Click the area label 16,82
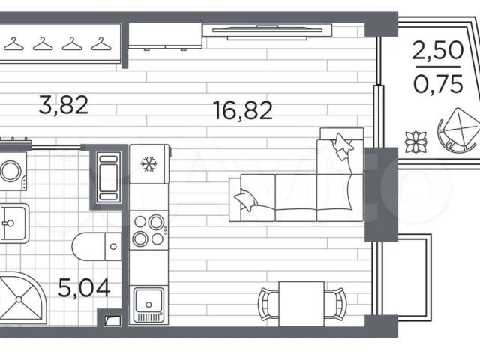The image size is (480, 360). click(x=243, y=110)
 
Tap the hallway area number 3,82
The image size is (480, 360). click(x=64, y=105)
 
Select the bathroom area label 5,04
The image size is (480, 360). click(x=84, y=288)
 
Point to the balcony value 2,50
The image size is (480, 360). click(x=438, y=50)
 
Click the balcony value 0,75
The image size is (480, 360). click(x=438, y=83)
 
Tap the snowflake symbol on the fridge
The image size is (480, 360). click(x=148, y=164)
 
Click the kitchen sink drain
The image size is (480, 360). click(x=148, y=304)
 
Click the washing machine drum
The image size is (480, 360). click(x=10, y=171)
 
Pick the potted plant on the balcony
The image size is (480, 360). click(x=416, y=142)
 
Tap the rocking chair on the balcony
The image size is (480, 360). click(x=459, y=130)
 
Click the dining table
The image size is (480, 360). click(x=301, y=304)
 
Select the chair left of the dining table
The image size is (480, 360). click(x=268, y=304)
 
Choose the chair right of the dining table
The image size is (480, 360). click(x=334, y=304)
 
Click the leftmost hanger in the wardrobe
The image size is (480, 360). click(x=13, y=43)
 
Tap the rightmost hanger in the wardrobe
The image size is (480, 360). click(x=101, y=43)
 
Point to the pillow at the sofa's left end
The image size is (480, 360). click(x=246, y=200)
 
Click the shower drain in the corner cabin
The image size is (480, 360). click(x=19, y=299)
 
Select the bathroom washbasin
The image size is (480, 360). click(x=14, y=223)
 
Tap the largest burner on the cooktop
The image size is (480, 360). click(x=156, y=223)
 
